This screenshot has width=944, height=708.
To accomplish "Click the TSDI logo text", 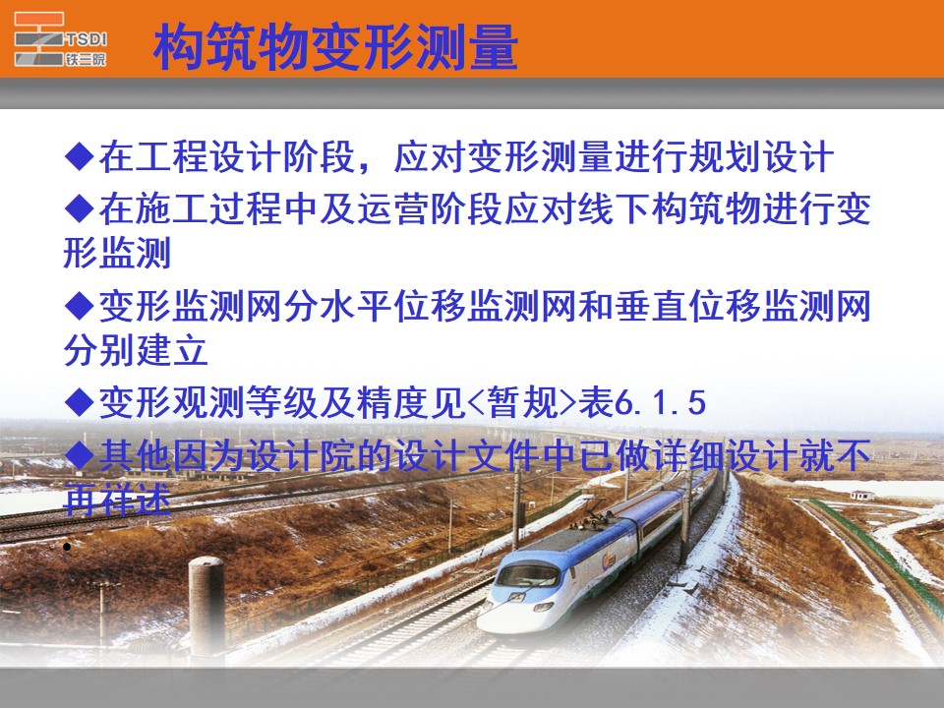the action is (x=87, y=39).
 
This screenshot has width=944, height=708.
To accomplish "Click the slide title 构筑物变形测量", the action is (x=335, y=47).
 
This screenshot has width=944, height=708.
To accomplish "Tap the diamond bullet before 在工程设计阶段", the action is (x=79, y=156).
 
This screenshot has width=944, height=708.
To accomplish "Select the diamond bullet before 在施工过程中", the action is (x=79, y=207).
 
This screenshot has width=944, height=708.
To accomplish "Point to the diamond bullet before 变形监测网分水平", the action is (x=79, y=305).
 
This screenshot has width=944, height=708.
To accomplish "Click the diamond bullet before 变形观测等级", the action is (x=79, y=402).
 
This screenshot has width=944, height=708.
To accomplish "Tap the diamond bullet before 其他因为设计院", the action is (x=79, y=454).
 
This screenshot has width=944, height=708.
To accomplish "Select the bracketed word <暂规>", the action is (x=522, y=402).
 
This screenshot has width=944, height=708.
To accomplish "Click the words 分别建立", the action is (x=136, y=349).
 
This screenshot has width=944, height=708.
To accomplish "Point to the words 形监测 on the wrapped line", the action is (x=117, y=252).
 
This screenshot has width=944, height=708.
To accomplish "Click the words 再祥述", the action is (x=117, y=500).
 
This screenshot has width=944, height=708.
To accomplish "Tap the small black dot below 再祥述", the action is (x=67, y=547).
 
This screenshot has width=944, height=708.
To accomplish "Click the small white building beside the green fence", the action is (x=862, y=496).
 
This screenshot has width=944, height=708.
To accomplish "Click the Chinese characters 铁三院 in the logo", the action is (x=87, y=58).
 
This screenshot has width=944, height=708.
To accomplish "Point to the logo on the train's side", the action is (x=609, y=561).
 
